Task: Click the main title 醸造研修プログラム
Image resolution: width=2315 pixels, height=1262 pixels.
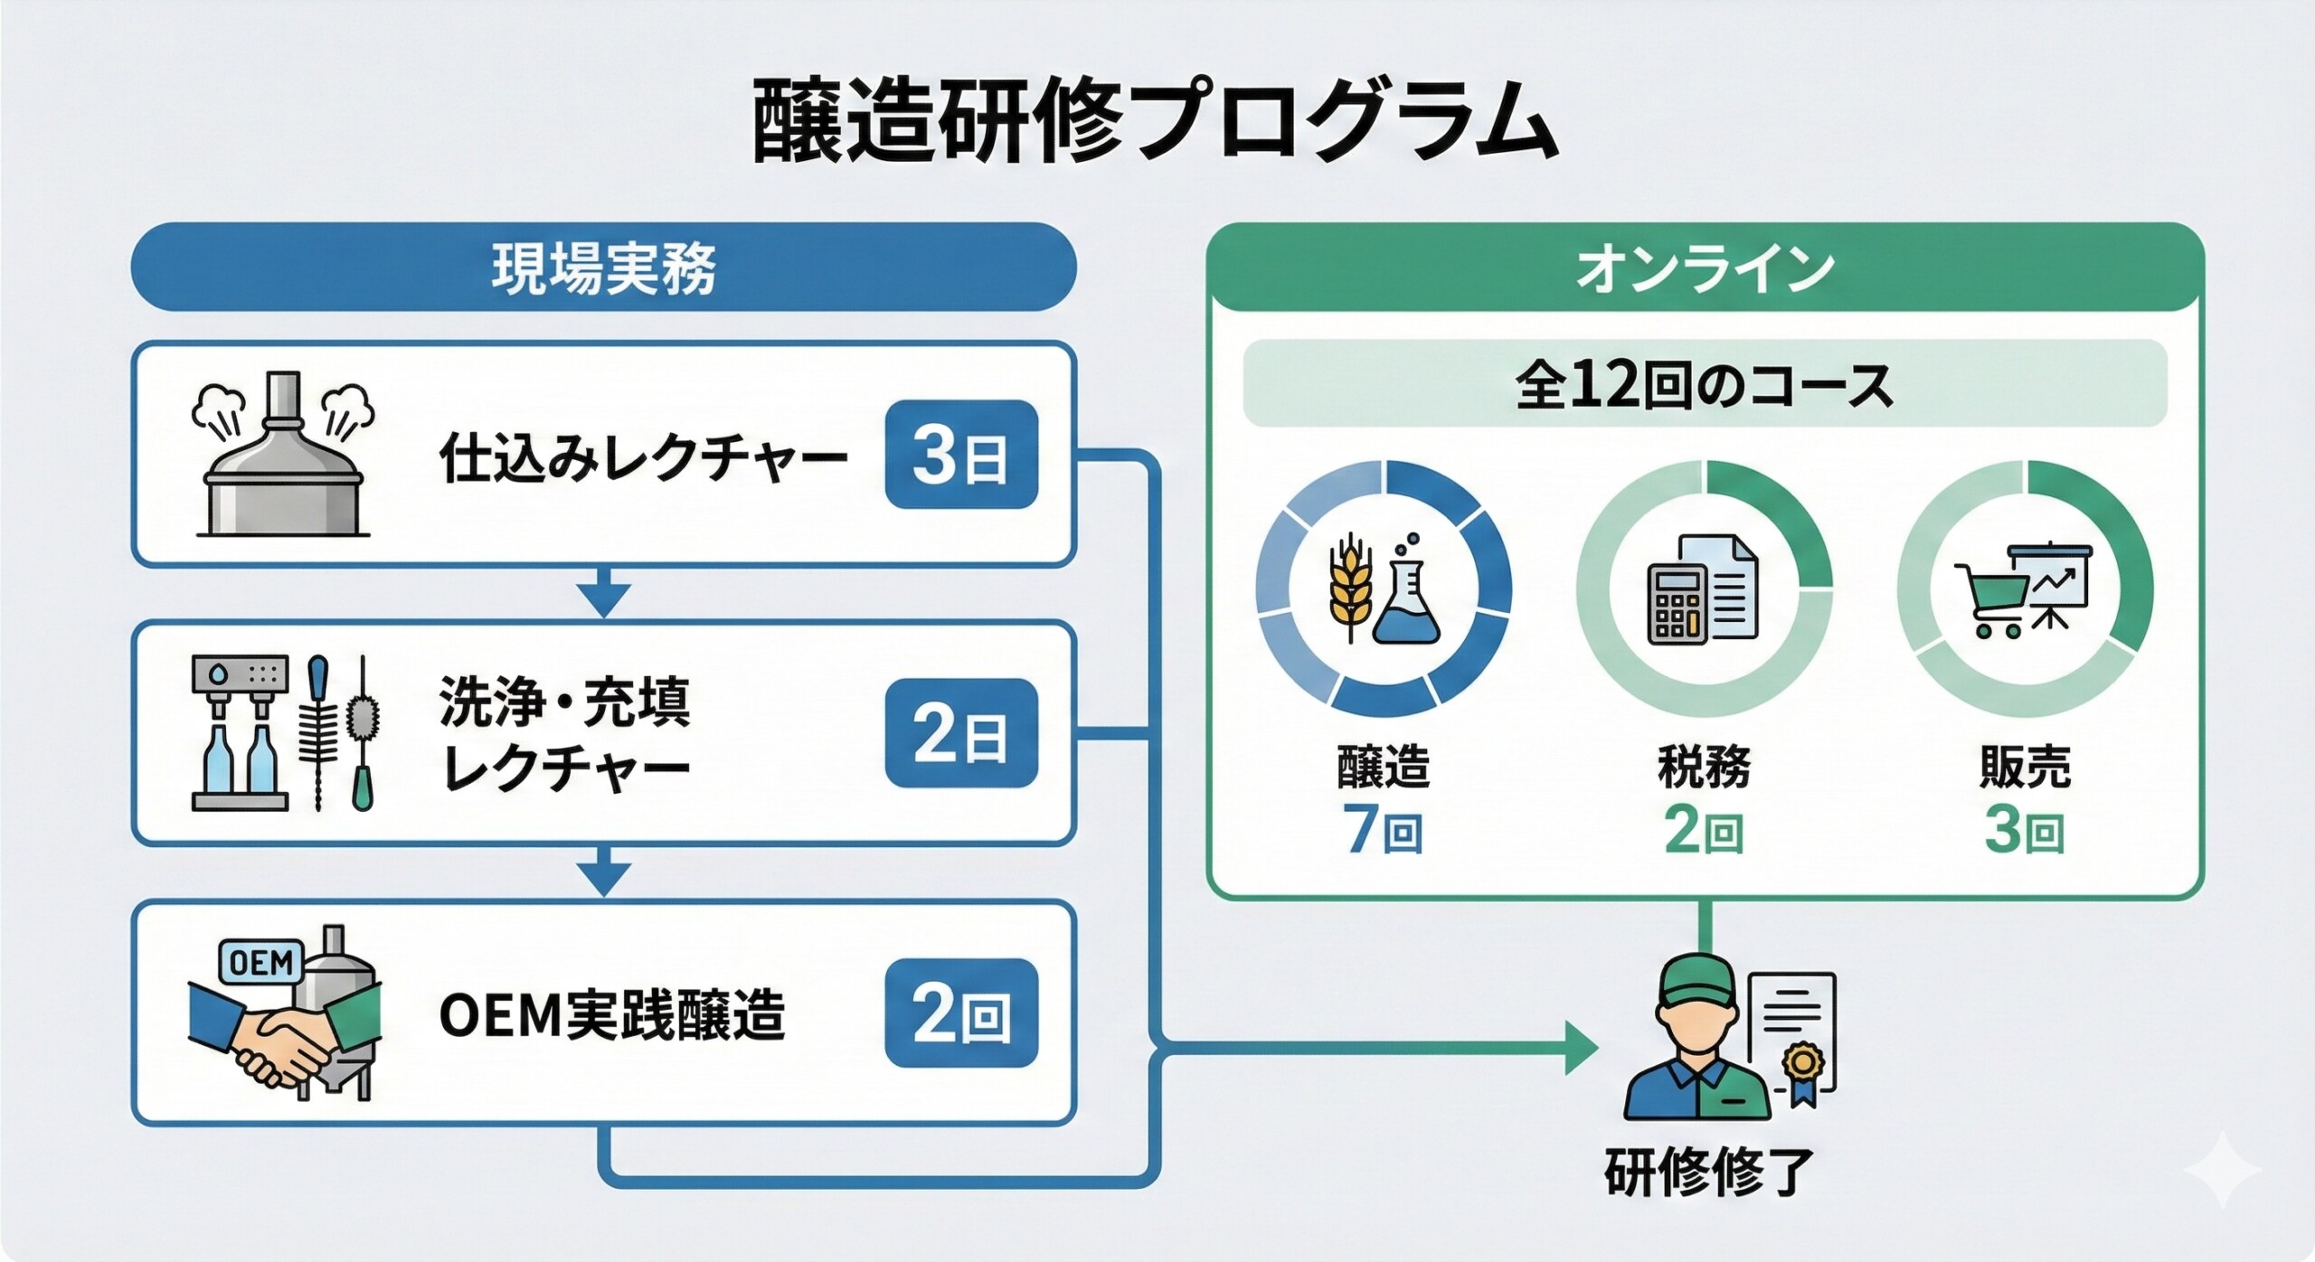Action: (x=1155, y=122)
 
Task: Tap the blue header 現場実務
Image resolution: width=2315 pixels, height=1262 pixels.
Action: (x=603, y=268)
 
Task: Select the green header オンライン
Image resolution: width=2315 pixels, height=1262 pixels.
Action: (x=1705, y=268)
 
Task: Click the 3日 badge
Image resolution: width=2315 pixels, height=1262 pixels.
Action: (x=960, y=455)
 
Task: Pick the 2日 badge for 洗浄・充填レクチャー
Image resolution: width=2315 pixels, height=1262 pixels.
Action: (x=960, y=733)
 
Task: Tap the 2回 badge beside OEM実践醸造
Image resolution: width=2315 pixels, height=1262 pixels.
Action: (x=960, y=1012)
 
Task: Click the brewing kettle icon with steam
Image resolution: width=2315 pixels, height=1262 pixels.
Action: (x=284, y=457)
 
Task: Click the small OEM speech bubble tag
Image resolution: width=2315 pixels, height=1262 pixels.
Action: (x=261, y=962)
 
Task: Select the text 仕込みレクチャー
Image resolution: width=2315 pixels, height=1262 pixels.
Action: (x=643, y=457)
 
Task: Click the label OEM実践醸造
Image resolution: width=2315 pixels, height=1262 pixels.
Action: (x=612, y=1014)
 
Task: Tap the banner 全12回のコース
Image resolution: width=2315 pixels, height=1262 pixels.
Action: (x=1705, y=384)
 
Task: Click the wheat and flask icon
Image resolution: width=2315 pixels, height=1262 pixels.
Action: (x=1384, y=589)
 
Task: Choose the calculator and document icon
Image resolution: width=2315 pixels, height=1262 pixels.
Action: (x=1703, y=589)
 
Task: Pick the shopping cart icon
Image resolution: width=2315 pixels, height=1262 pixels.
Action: (x=1989, y=597)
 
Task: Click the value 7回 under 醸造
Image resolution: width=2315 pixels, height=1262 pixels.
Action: (x=1383, y=829)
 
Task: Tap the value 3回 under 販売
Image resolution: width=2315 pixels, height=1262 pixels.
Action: (x=2025, y=829)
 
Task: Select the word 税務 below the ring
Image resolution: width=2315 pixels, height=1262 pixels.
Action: (x=1704, y=767)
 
